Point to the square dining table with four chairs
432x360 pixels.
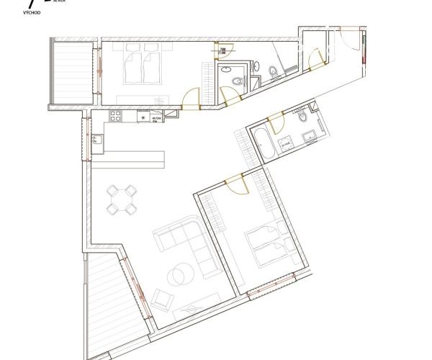point(121,200)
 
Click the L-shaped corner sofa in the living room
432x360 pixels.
point(180,241)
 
